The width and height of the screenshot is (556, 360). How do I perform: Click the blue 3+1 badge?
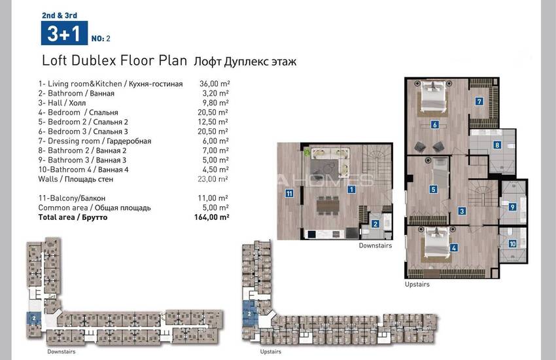tap(64, 33)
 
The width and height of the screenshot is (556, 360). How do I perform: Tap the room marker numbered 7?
tap(479, 102)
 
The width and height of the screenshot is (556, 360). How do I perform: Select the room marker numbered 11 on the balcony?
tap(289, 193)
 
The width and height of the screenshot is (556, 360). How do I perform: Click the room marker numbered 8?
tap(497, 145)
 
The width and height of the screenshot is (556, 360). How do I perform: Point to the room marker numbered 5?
tap(433, 189)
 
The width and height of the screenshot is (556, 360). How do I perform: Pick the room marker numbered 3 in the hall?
tap(462, 211)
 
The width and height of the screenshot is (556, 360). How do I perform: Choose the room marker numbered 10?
tap(512, 243)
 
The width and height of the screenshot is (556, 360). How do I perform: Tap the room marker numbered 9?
tap(512, 207)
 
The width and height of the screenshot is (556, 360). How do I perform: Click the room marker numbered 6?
tap(435, 124)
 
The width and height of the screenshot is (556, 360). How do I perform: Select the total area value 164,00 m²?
tap(212, 217)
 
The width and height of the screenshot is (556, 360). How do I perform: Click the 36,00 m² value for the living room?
tap(215, 84)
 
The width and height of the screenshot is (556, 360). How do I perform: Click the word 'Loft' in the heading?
tap(54, 60)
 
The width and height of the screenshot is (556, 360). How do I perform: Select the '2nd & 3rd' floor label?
tap(60, 15)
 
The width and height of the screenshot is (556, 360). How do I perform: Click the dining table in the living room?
tap(328, 205)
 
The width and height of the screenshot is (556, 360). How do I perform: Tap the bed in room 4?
tap(436, 244)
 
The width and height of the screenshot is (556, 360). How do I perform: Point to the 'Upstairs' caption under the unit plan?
tap(417, 284)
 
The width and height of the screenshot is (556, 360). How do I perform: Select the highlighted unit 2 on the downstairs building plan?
tap(33, 318)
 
